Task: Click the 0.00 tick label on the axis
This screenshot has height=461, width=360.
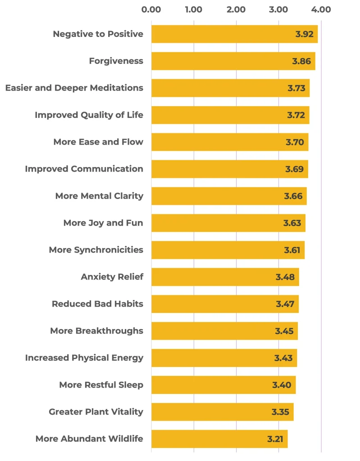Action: pyautogui.click(x=151, y=9)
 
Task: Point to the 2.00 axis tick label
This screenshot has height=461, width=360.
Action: pyautogui.click(x=236, y=9)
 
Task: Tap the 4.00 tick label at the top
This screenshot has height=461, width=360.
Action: pyautogui.click(x=321, y=9)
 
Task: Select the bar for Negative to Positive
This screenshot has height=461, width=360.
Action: pyautogui.click(x=234, y=34)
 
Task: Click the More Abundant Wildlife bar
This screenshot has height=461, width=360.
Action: pyautogui.click(x=219, y=439)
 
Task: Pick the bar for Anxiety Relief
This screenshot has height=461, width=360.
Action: pyautogui.click(x=225, y=277)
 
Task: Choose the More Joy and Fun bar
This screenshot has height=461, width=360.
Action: pyautogui.click(x=228, y=223)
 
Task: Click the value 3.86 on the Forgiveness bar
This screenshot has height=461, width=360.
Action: pyautogui.click(x=301, y=61)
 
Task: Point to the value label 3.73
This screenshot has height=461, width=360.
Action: pyautogui.click(x=296, y=88)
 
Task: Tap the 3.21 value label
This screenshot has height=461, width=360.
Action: pyautogui.click(x=275, y=439)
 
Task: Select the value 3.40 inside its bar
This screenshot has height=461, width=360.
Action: pyautogui.click(x=282, y=385)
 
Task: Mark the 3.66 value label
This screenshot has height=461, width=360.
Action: pyautogui.click(x=293, y=196)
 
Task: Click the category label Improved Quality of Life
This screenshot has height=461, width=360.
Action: pyautogui.click(x=89, y=115)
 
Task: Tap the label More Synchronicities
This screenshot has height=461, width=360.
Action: pyautogui.click(x=96, y=250)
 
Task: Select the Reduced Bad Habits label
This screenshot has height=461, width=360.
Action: pyautogui.click(x=97, y=304)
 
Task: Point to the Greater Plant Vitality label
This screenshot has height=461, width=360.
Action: pyautogui.click(x=96, y=412)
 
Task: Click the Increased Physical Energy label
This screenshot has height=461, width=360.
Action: pyautogui.click(x=84, y=358)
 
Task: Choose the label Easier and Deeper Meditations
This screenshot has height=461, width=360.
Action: pyautogui.click(x=74, y=88)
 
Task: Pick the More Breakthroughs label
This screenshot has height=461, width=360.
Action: pyautogui.click(x=96, y=331)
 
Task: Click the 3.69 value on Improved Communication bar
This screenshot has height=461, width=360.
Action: pyautogui.click(x=294, y=169)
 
